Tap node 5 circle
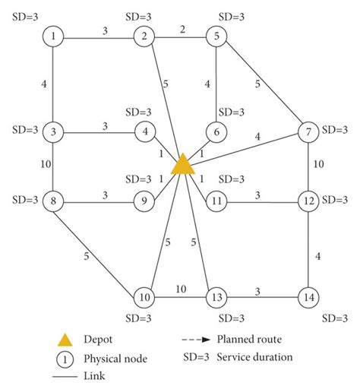pos(217,36)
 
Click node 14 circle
pos(308,296)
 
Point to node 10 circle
pos(144,296)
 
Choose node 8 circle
pos(52,203)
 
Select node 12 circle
pos(308,203)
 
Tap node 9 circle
pos(144,203)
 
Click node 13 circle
pos(217,296)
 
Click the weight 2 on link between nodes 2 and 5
pos(182,29)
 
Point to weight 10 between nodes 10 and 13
pos(181,289)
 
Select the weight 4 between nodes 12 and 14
pos(317,256)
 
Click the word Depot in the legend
pos(98,340)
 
